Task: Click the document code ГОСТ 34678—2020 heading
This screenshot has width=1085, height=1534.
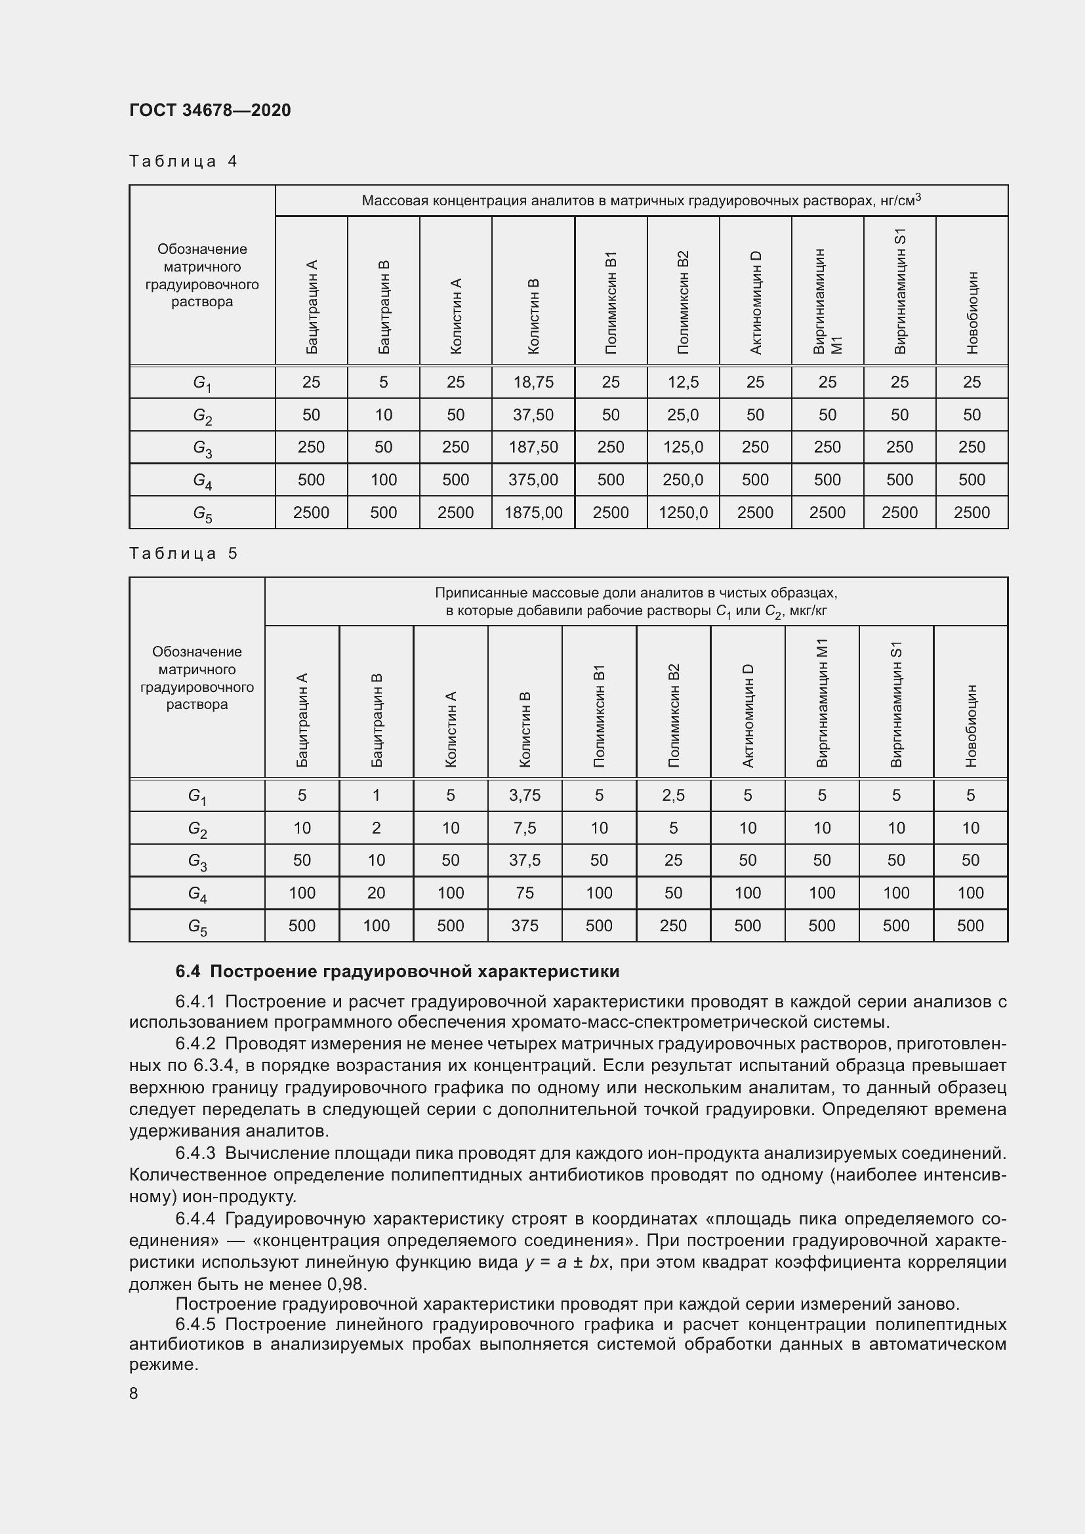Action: click(x=210, y=110)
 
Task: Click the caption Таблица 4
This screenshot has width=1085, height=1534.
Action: click(x=183, y=161)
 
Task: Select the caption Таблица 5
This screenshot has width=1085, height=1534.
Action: click(x=183, y=554)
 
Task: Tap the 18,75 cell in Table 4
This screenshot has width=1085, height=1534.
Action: click(x=533, y=382)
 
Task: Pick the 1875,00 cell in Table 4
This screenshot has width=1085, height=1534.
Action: click(x=533, y=512)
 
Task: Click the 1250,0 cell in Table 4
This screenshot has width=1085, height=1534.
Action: click(x=683, y=512)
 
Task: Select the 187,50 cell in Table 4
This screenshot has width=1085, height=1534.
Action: click(x=533, y=447)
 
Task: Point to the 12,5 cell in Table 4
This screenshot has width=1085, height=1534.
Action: click(x=683, y=382)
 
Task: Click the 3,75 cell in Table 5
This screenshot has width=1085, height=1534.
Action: click(x=525, y=795)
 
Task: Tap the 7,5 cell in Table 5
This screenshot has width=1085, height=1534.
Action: click(x=525, y=828)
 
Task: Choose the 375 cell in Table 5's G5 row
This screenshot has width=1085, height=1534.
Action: click(x=525, y=925)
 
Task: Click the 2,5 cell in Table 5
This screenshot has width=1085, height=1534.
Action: click(x=673, y=795)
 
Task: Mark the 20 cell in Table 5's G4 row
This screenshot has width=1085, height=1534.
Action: click(x=376, y=893)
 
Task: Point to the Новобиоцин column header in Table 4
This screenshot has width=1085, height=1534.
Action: click(x=972, y=312)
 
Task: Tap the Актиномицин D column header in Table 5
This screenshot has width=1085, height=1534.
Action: click(x=748, y=715)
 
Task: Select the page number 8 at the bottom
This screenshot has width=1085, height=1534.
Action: click(x=134, y=1393)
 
